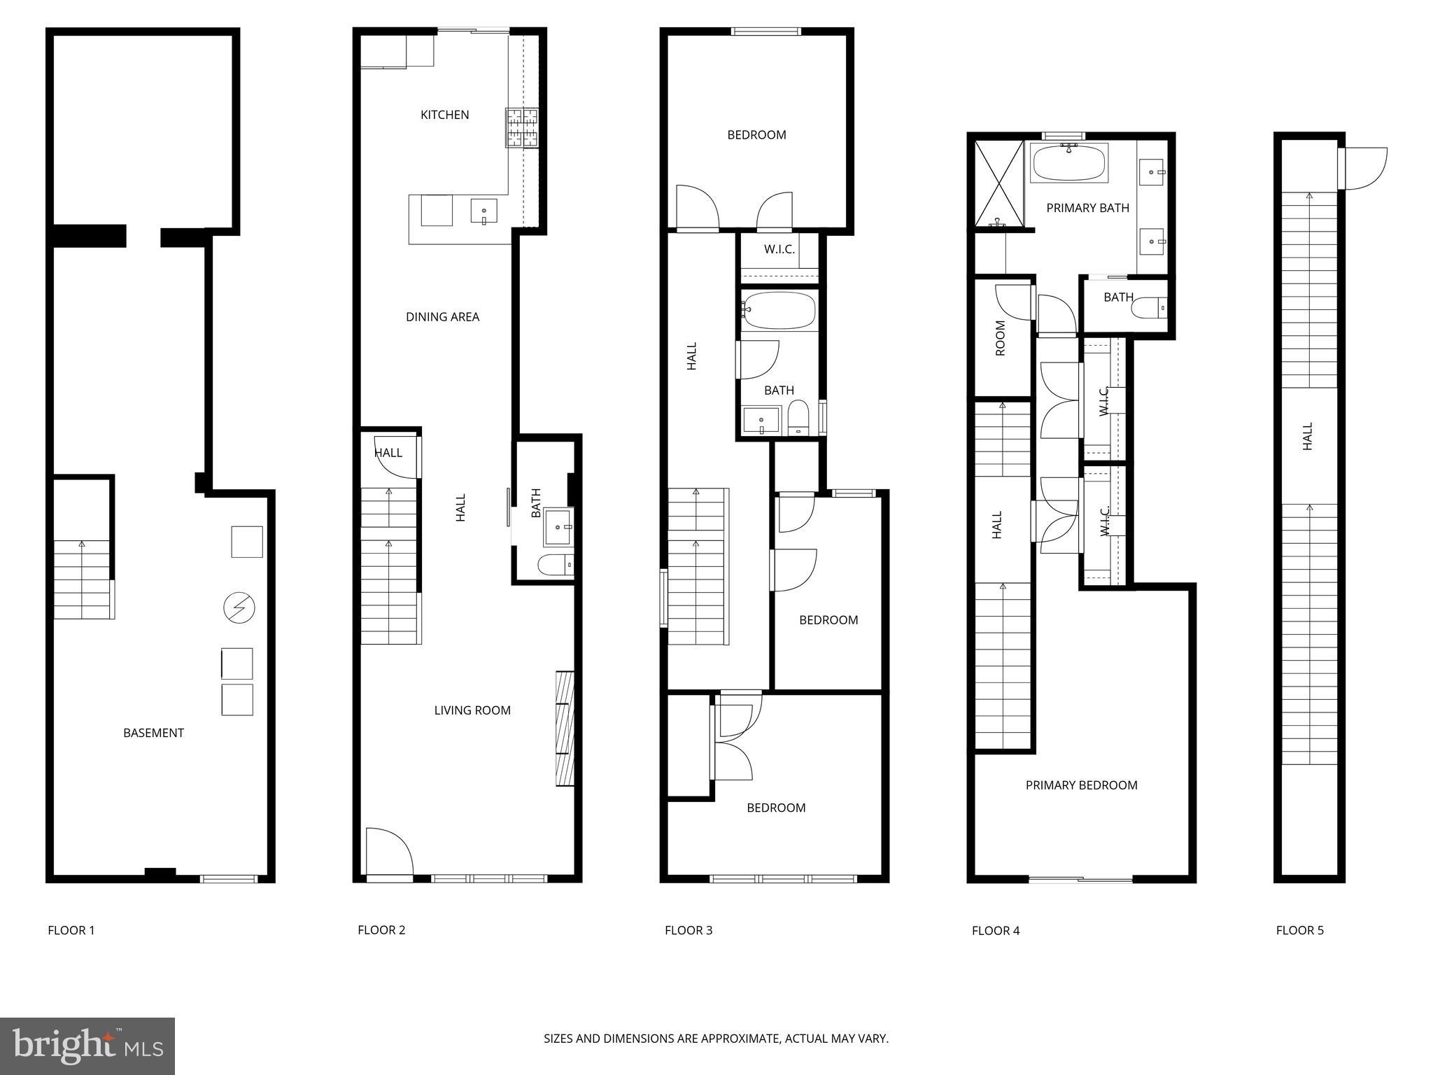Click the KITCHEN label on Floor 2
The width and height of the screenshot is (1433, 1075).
coord(444,115)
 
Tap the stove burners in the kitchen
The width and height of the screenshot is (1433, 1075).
coord(522,127)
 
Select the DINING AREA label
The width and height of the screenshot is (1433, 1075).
coord(442,317)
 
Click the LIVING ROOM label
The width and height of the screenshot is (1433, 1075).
coord(472,710)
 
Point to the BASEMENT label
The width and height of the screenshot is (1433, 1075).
coord(153,733)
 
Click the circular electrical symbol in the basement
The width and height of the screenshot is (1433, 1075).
coord(239,607)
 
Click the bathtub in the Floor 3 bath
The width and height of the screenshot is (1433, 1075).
coord(779,311)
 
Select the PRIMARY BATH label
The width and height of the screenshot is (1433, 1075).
coord(1087,208)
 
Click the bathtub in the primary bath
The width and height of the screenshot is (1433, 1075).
coord(1068,163)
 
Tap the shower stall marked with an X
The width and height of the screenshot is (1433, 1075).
coord(998,184)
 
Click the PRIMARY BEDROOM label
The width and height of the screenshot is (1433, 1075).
coord(1081,785)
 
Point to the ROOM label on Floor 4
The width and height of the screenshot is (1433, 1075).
coord(1000,338)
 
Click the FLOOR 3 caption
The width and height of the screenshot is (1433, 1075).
coord(688,930)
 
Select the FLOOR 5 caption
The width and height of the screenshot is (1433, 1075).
coord(1299,930)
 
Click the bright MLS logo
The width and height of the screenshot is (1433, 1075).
coord(87,1046)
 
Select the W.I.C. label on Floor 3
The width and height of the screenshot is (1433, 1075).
coord(779,249)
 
